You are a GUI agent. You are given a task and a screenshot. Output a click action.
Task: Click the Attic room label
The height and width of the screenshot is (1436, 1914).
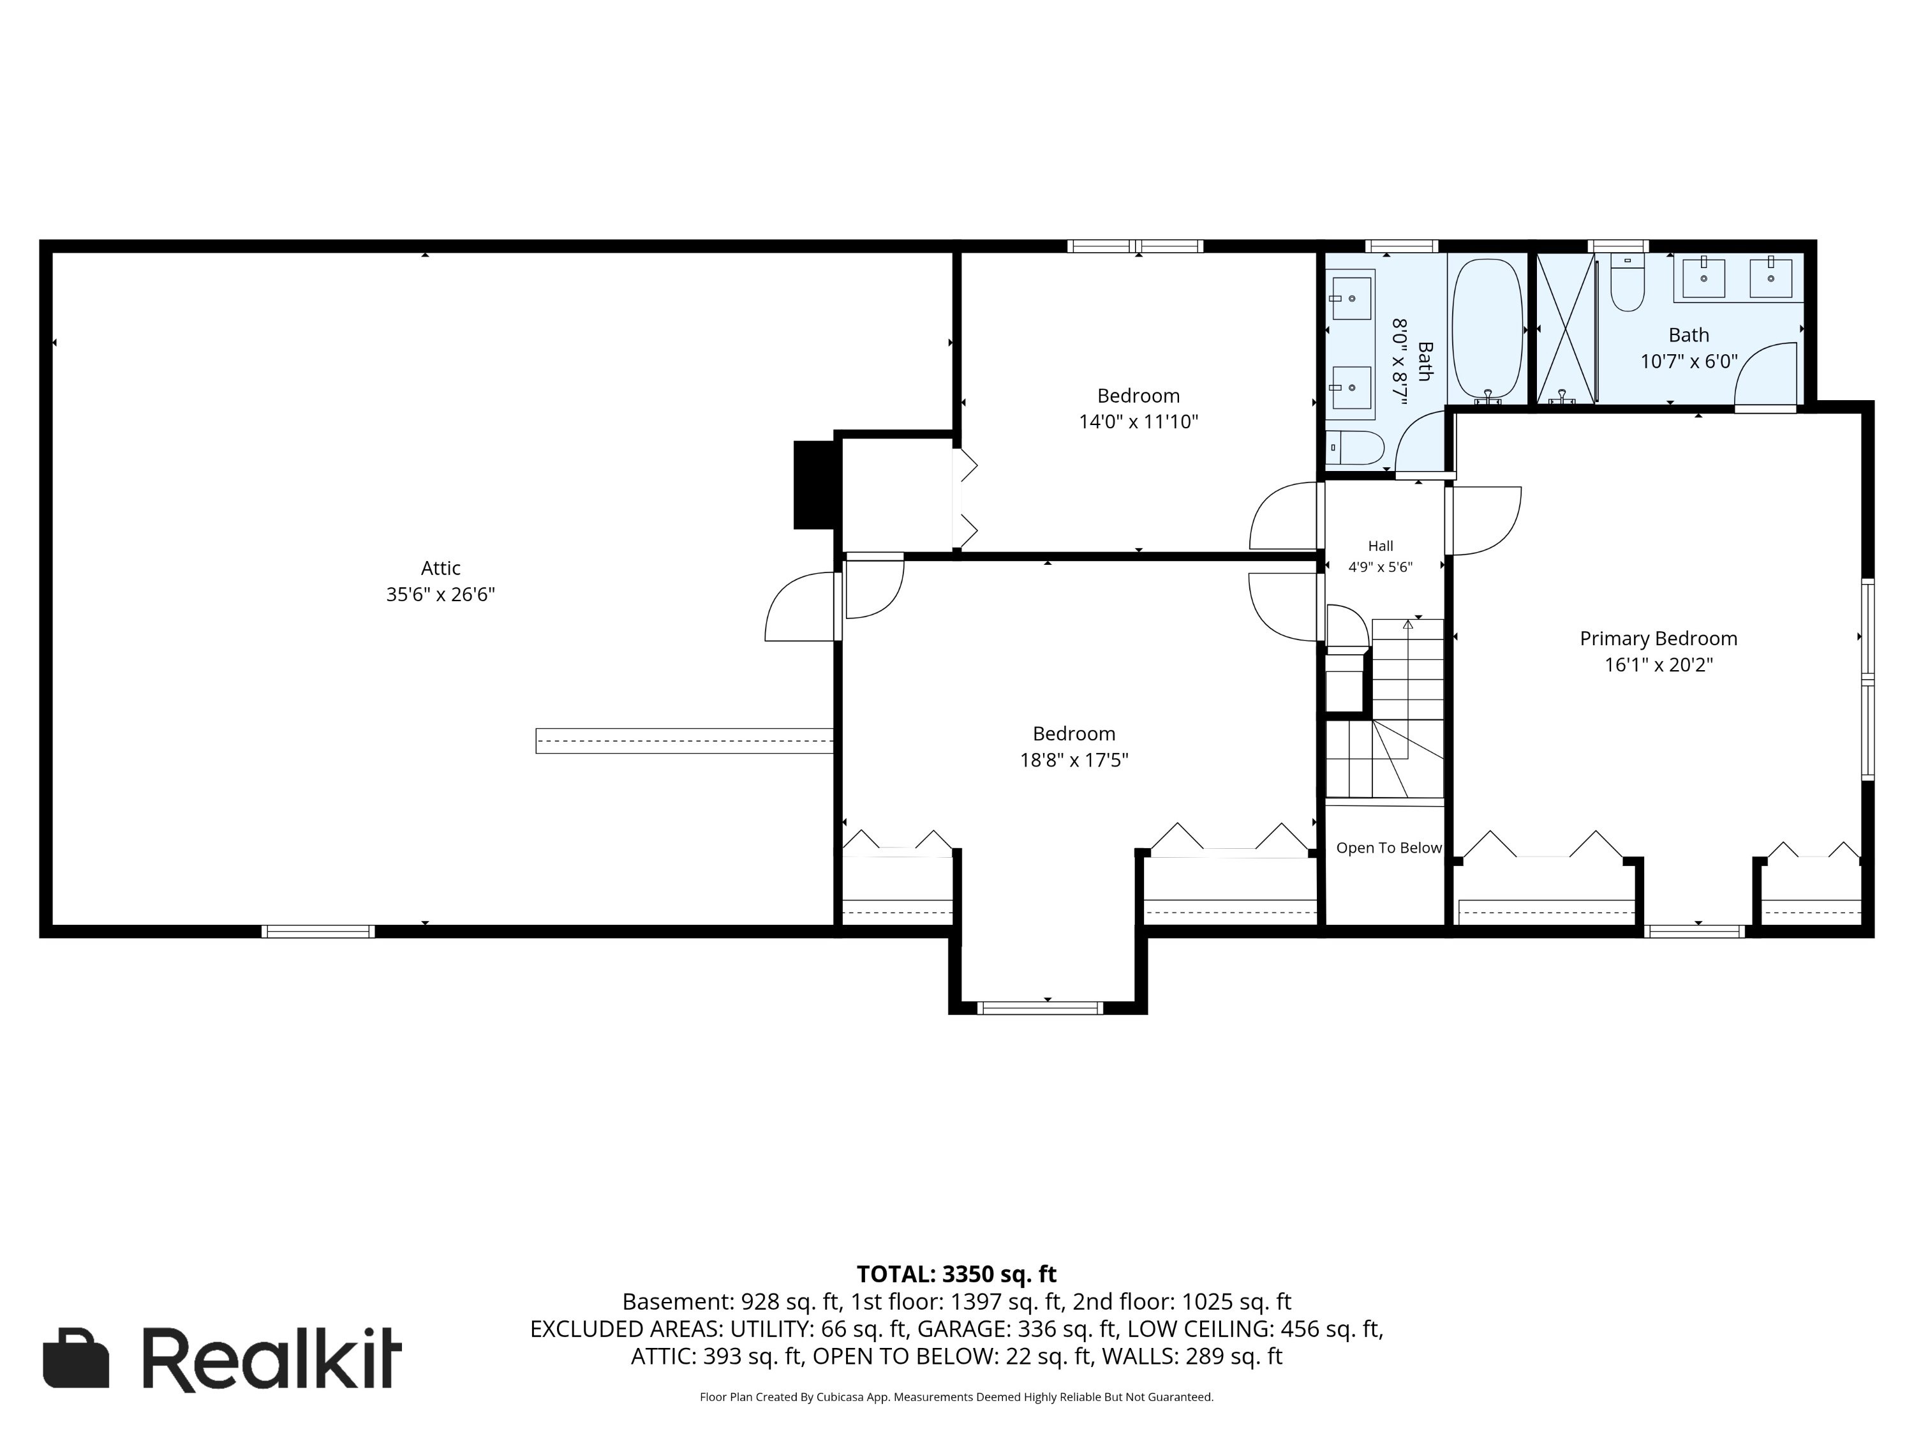[440, 569]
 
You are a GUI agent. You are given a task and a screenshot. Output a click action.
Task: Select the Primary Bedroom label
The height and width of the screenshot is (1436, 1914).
[1658, 639]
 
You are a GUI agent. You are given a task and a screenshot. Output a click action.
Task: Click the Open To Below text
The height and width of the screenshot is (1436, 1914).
[1389, 848]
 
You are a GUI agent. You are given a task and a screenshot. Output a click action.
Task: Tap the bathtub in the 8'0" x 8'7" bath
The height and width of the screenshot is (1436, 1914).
[1487, 331]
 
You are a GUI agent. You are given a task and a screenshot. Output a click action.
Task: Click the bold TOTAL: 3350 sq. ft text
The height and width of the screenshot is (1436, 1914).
[956, 1274]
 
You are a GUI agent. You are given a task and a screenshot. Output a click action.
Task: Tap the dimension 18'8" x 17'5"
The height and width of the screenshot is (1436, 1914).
[1074, 760]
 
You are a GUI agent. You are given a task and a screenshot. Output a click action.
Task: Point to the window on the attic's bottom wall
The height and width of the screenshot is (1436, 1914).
[318, 931]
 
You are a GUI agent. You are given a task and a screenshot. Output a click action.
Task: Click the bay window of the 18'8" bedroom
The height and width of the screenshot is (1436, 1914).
[1040, 1008]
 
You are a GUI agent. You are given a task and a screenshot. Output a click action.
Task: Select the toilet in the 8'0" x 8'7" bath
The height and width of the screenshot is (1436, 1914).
[1354, 447]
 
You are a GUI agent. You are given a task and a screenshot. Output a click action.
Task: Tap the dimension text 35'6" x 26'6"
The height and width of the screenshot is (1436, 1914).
[440, 595]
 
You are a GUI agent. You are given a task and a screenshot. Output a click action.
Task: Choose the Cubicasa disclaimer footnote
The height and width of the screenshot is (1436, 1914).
[956, 1397]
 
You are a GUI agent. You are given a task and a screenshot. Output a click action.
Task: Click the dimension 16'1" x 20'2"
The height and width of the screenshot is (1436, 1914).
[1658, 665]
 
